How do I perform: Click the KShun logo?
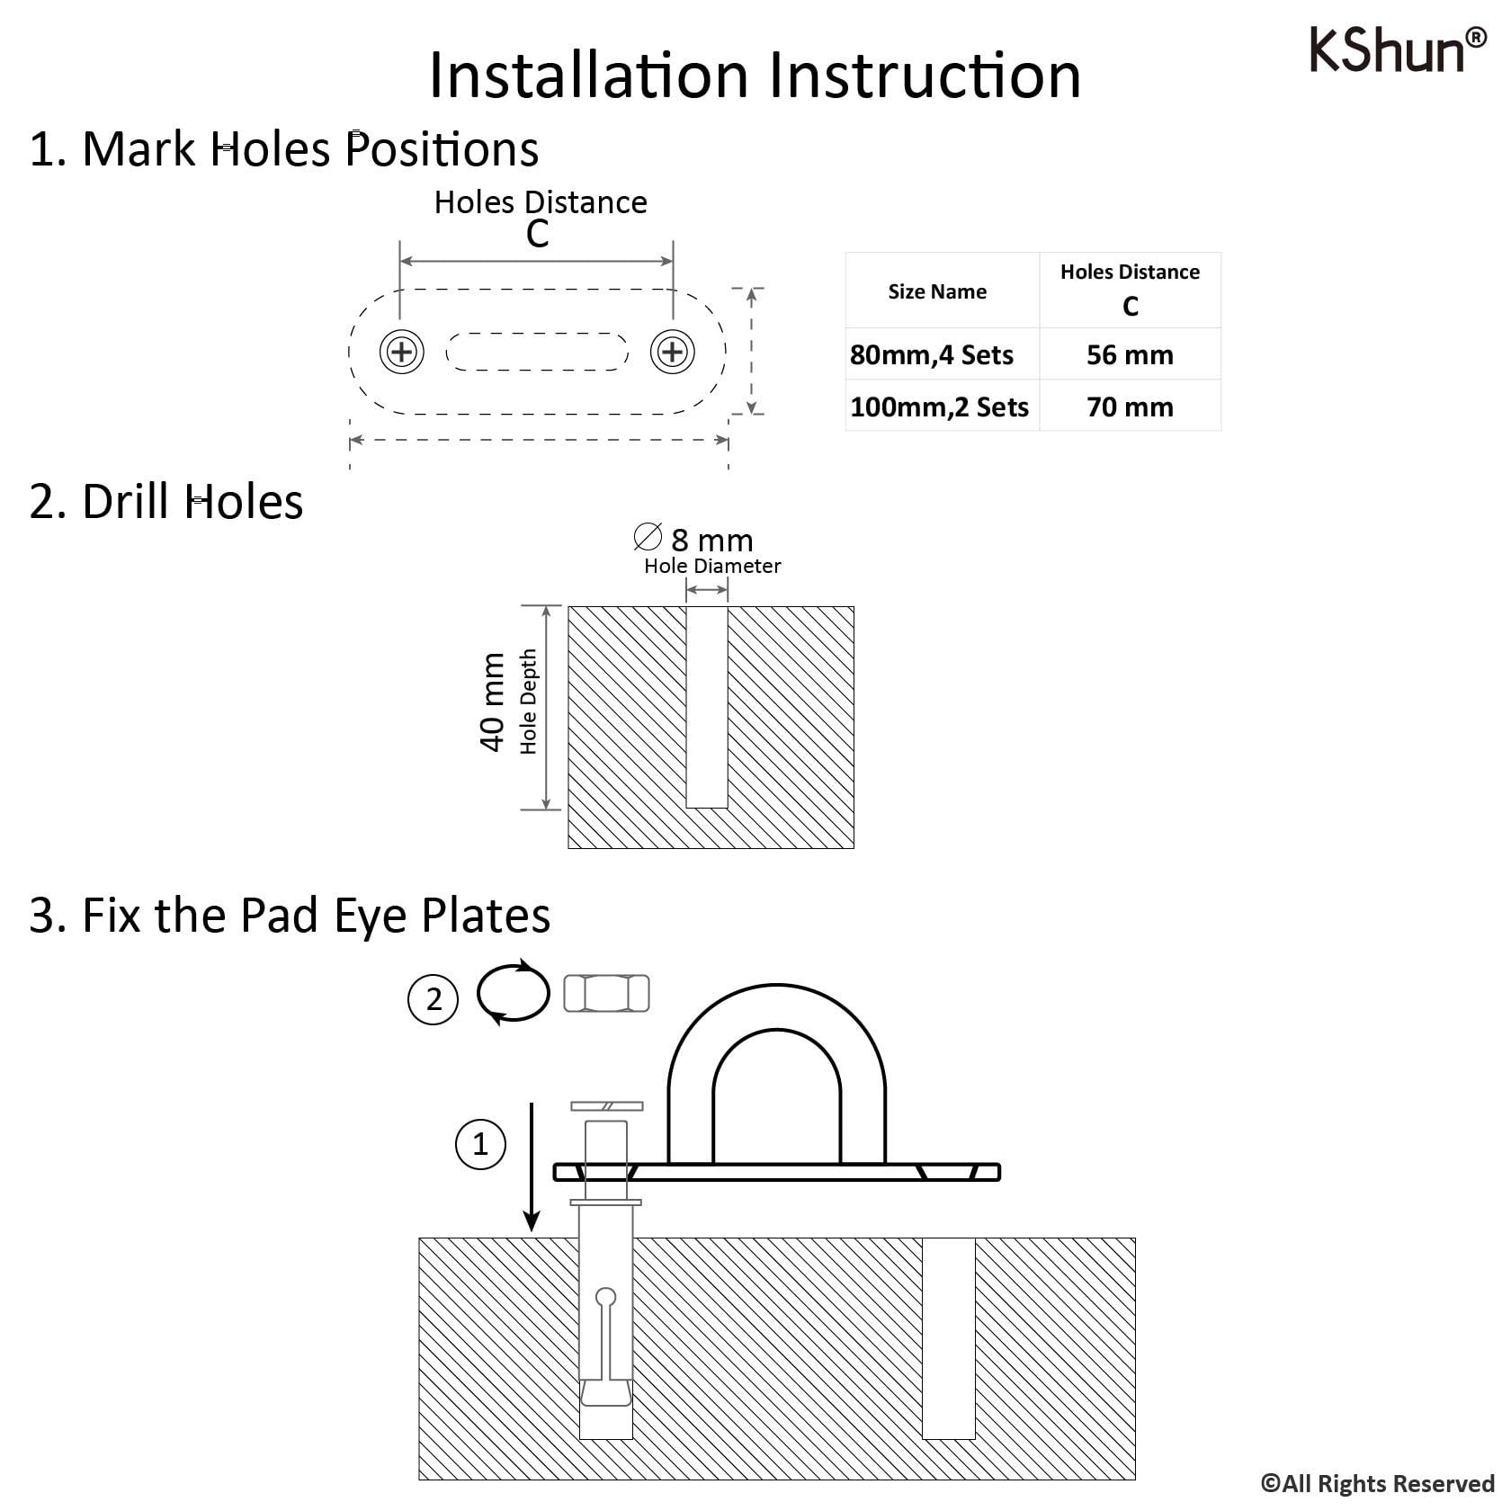point(1398,49)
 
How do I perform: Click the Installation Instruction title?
point(755,75)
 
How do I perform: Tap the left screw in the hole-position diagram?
point(402,351)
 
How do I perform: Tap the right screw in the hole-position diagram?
point(673,351)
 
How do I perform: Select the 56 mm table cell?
point(1130,354)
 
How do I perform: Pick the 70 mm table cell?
point(1130,407)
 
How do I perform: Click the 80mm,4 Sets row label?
point(932,354)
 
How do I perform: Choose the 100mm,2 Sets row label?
point(939,407)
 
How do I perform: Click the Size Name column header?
point(937,291)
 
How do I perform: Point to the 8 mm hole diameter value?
point(711,540)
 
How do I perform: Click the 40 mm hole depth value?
point(492,702)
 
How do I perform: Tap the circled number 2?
point(434,999)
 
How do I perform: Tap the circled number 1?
point(480,1144)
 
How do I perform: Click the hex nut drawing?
point(606,994)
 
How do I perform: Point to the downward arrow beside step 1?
point(532,1167)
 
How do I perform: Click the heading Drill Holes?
point(192,501)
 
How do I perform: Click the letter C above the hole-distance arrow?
point(537,234)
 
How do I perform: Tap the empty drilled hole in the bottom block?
point(949,1338)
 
